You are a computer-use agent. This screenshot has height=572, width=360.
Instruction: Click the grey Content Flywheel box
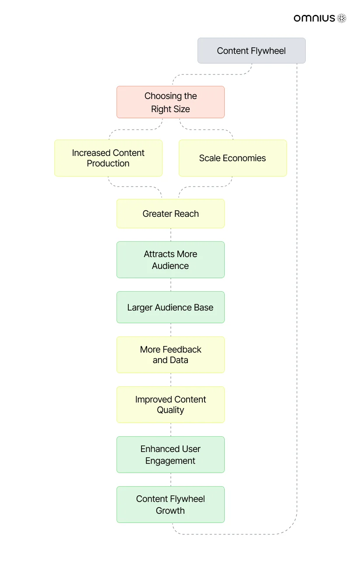pyautogui.click(x=251, y=50)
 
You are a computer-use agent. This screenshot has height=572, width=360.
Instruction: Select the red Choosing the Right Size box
pyautogui.click(x=170, y=102)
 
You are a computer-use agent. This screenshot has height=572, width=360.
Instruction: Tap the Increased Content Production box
pyautogui.click(x=108, y=158)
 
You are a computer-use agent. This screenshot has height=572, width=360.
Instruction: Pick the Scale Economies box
pyautogui.click(x=233, y=158)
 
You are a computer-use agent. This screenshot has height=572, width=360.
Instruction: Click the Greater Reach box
pyautogui.click(x=170, y=213)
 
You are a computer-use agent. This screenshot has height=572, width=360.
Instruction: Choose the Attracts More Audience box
pyautogui.click(x=170, y=260)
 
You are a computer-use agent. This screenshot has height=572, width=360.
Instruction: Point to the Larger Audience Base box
pyautogui.click(x=170, y=307)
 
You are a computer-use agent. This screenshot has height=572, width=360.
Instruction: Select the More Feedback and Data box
pyautogui.click(x=170, y=355)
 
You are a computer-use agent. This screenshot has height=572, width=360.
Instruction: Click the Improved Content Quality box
pyautogui.click(x=170, y=405)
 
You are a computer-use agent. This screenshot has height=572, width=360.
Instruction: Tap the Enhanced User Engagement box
pyautogui.click(x=170, y=455)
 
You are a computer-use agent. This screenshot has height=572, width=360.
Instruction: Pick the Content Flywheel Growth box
pyautogui.click(x=170, y=505)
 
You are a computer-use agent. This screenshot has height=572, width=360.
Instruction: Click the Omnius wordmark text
pyautogui.click(x=314, y=18)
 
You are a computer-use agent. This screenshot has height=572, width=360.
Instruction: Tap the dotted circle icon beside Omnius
pyautogui.click(x=341, y=18)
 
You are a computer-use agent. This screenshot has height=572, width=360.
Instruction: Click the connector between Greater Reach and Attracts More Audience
pyautogui.click(x=171, y=235)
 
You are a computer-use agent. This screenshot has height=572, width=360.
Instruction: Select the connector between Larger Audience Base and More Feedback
pyautogui.click(x=171, y=330)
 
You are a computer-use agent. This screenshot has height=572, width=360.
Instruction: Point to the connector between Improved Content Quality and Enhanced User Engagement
pyautogui.click(x=171, y=430)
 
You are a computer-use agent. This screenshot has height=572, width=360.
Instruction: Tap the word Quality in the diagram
pyautogui.click(x=170, y=410)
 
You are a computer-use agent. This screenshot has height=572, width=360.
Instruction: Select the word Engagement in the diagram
pyautogui.click(x=170, y=461)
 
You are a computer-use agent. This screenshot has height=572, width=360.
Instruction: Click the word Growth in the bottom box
pyautogui.click(x=170, y=511)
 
